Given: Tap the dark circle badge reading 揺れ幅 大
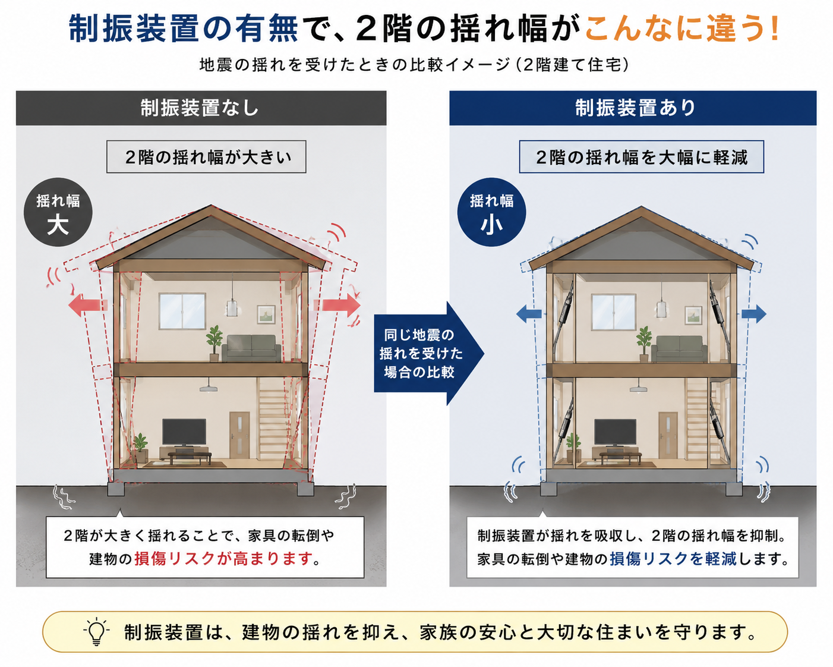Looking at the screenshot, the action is coord(58,212).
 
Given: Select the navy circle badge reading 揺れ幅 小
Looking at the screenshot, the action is coord(491,212).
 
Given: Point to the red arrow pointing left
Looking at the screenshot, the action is coord(88,305).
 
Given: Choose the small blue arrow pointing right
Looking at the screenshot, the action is coord(753,314).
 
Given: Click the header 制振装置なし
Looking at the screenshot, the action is coord(200,108).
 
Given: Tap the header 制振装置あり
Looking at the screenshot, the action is coord(635,108).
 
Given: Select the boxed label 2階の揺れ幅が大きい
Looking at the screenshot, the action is coord(206,157).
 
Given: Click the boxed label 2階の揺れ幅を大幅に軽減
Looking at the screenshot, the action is coord(642,157).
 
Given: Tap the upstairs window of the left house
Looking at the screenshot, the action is coord(182,312).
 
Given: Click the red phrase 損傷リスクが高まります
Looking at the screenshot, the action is coord(223,559).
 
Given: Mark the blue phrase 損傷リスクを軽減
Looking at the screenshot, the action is coord(673,559).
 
